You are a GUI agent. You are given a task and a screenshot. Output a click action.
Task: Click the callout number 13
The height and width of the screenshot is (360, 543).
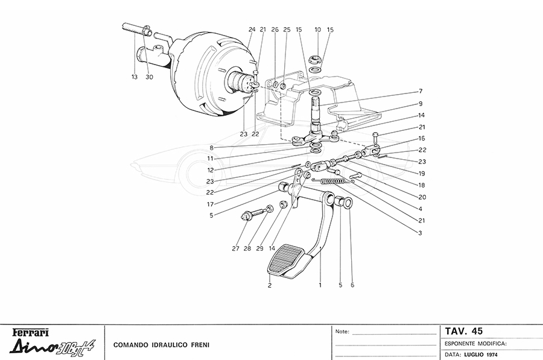point(135,77)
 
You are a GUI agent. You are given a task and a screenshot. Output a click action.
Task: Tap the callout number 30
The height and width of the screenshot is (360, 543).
point(150,77)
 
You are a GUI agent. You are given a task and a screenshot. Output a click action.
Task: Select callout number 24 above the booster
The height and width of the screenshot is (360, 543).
point(252,30)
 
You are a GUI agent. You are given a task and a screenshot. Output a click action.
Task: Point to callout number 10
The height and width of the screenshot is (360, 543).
point(317,30)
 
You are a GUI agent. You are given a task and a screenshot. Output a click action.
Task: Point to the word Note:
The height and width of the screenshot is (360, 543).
point(341,332)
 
